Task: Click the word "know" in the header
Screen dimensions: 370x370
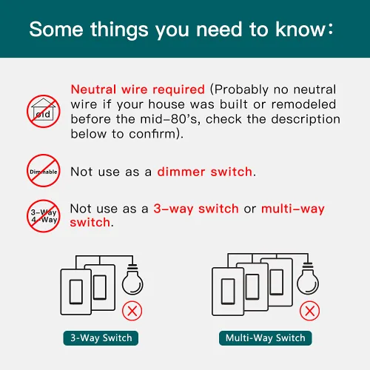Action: [x=300, y=30]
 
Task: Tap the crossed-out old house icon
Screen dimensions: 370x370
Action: [x=44, y=111]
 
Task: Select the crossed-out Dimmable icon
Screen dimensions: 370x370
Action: [x=44, y=171]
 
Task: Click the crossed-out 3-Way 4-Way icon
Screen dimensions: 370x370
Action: [x=44, y=216]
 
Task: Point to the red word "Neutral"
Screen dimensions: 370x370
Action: [x=93, y=89]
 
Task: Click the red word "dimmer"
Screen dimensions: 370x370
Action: [x=181, y=172]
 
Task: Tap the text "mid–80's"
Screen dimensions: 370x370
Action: [x=169, y=119]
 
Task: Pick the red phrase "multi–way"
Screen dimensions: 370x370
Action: [x=293, y=209]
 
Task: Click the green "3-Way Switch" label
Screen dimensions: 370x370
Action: [x=101, y=338]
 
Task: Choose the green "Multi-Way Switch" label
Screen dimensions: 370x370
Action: [x=266, y=338]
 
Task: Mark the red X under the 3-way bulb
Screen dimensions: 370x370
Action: [x=132, y=311]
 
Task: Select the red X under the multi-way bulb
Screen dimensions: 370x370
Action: [x=309, y=311]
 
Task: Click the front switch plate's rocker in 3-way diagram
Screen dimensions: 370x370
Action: [x=76, y=292]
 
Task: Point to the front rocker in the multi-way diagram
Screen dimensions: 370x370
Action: [x=228, y=292]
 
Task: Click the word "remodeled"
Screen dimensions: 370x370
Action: [x=303, y=104]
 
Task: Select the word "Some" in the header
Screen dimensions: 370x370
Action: [x=56, y=30]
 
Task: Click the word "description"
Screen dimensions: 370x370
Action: [x=306, y=120]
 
